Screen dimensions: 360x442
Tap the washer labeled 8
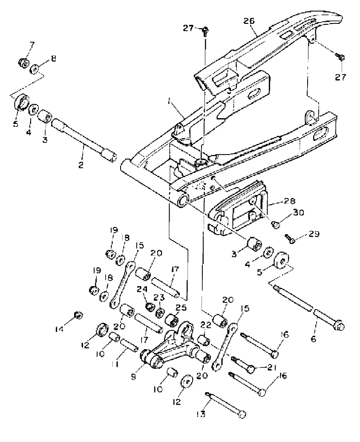[x=35, y=69]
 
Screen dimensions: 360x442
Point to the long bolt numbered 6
[x=308, y=307]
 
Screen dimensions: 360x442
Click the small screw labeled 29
[x=289, y=238]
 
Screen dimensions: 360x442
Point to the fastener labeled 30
[x=275, y=224]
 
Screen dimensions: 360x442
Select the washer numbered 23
[x=161, y=313]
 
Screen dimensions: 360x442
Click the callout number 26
[x=249, y=21]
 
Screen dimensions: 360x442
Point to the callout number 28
[x=289, y=201]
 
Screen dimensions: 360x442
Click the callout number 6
[x=314, y=339]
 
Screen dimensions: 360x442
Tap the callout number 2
[x=81, y=165]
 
